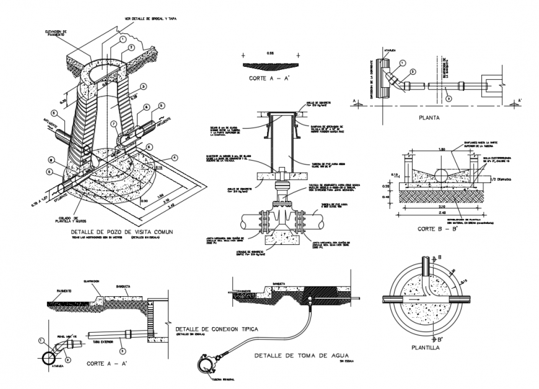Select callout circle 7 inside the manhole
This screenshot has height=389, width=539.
tap(113, 124)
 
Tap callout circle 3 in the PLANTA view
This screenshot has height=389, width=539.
tap(449, 97)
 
